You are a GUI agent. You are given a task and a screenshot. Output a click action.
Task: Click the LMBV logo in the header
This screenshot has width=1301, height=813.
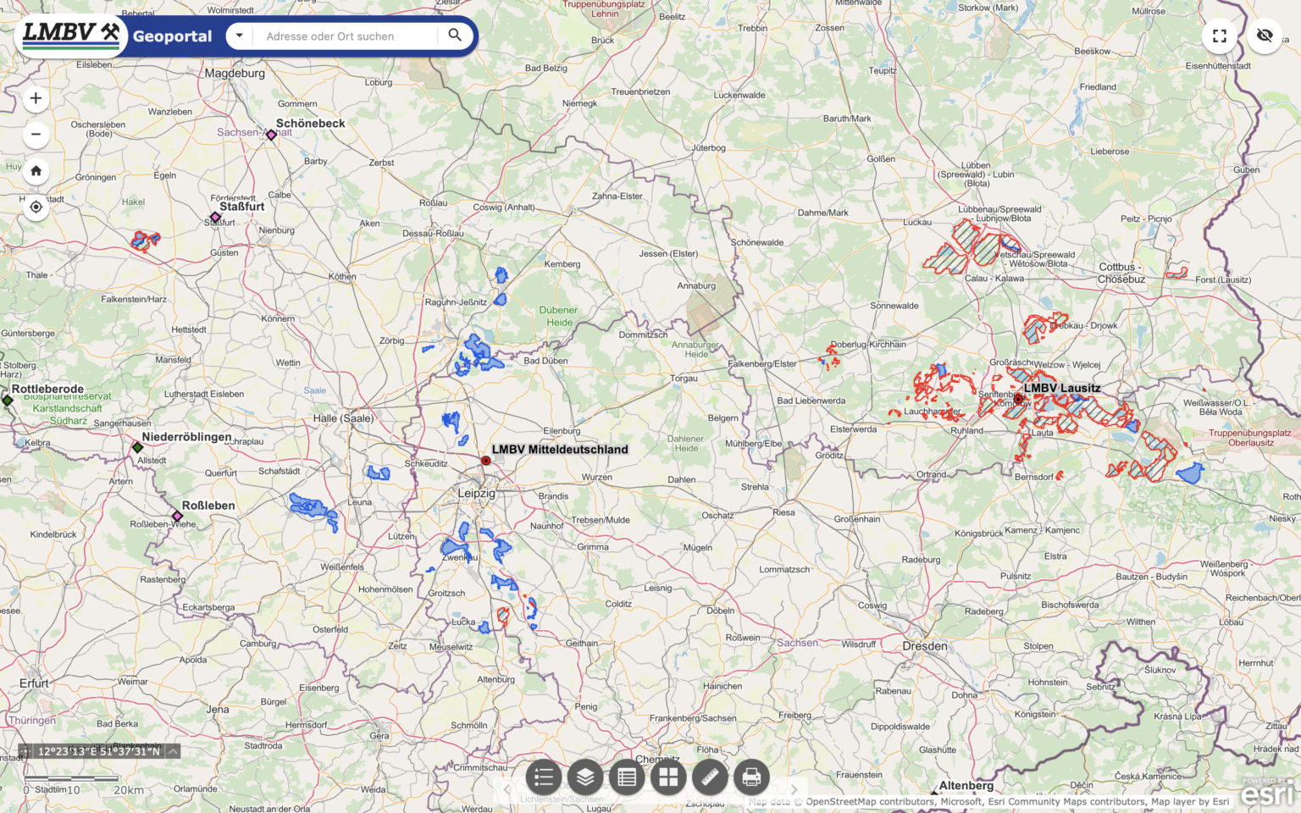pyautogui.click(x=70, y=35)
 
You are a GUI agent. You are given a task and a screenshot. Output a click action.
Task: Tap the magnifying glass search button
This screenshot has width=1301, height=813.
pyautogui.click(x=455, y=36)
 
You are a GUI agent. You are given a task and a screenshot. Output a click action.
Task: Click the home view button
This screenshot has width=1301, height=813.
pyautogui.click(x=36, y=171)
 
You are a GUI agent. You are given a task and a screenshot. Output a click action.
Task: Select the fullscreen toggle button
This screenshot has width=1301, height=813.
pyautogui.click(x=1220, y=36)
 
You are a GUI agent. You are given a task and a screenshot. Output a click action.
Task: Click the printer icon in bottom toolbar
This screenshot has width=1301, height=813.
pyautogui.click(x=750, y=777)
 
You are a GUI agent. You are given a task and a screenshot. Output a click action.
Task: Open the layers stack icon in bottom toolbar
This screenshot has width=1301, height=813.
pyautogui.click(x=585, y=777)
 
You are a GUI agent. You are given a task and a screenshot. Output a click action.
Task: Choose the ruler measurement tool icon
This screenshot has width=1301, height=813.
pyautogui.click(x=710, y=777)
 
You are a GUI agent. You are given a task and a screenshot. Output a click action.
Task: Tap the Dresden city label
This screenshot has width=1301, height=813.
pyautogui.click(x=925, y=646)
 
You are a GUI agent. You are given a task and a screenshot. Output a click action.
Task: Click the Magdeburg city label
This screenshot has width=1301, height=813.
pyautogui.click(x=235, y=74)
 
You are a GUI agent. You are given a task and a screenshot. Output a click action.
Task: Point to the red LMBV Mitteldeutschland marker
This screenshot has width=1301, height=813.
pyautogui.click(x=485, y=461)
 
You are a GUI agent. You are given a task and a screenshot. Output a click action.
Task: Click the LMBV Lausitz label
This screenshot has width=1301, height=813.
pyautogui.click(x=1062, y=388)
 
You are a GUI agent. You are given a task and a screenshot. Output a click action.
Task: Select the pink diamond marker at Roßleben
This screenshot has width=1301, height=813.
pyautogui.click(x=177, y=516)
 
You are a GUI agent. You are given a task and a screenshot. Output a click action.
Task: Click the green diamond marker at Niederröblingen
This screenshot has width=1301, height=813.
pyautogui.click(x=137, y=447)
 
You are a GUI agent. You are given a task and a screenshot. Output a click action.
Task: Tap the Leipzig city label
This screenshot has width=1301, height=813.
pyautogui.click(x=476, y=493)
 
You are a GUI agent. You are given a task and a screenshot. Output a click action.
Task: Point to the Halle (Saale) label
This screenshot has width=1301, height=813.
pyautogui.click(x=343, y=418)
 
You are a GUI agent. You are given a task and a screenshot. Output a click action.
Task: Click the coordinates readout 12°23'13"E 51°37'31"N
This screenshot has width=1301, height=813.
pyautogui.click(x=98, y=751)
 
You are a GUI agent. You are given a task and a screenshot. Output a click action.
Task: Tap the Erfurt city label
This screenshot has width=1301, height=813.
pyautogui.click(x=35, y=683)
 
